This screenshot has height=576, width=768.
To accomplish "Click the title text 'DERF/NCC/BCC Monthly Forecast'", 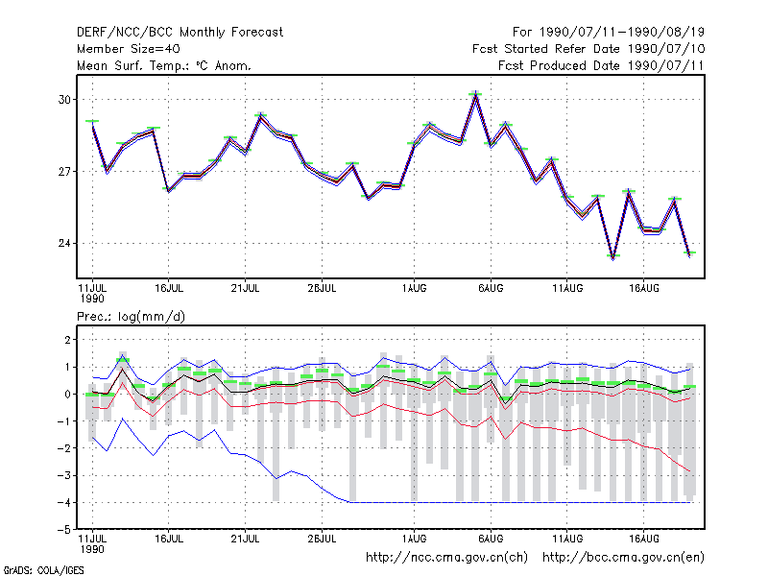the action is tap(180, 33).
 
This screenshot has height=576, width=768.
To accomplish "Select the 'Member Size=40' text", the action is tap(129, 49).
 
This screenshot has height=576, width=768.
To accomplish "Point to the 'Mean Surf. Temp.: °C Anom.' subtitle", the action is tap(164, 65).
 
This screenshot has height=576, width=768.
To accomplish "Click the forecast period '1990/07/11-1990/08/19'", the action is tap(622, 33).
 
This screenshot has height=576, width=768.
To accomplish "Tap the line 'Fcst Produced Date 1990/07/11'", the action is tap(601, 65).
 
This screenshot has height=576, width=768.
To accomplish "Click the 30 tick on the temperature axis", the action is tap(64, 100).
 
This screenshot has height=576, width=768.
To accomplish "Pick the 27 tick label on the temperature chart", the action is tap(64, 172).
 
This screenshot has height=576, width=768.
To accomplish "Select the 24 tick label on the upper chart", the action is tap(64, 244).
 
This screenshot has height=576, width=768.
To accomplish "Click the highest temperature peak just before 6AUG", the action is tap(475, 94).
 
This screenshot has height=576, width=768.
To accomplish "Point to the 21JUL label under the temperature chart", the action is tap(245, 289).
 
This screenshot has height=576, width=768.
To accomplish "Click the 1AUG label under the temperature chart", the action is tap(415, 289).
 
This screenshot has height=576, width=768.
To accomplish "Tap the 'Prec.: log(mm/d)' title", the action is tap(131, 317).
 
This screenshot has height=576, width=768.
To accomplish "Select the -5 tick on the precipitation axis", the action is tap(65, 530).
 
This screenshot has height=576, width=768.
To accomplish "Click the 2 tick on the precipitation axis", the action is tap(68, 340).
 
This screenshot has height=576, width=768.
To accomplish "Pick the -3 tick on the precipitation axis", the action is tap(65, 475).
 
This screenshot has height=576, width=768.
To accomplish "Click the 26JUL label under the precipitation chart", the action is tap(322, 539).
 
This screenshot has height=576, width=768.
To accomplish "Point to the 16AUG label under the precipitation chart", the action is tap(643, 539).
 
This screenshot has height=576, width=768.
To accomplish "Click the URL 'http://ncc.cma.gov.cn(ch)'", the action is tap(446, 558).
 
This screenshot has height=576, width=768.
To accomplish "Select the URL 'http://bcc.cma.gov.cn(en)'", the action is tap(623, 558).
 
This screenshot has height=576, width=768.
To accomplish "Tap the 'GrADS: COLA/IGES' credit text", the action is tap(43, 570).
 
